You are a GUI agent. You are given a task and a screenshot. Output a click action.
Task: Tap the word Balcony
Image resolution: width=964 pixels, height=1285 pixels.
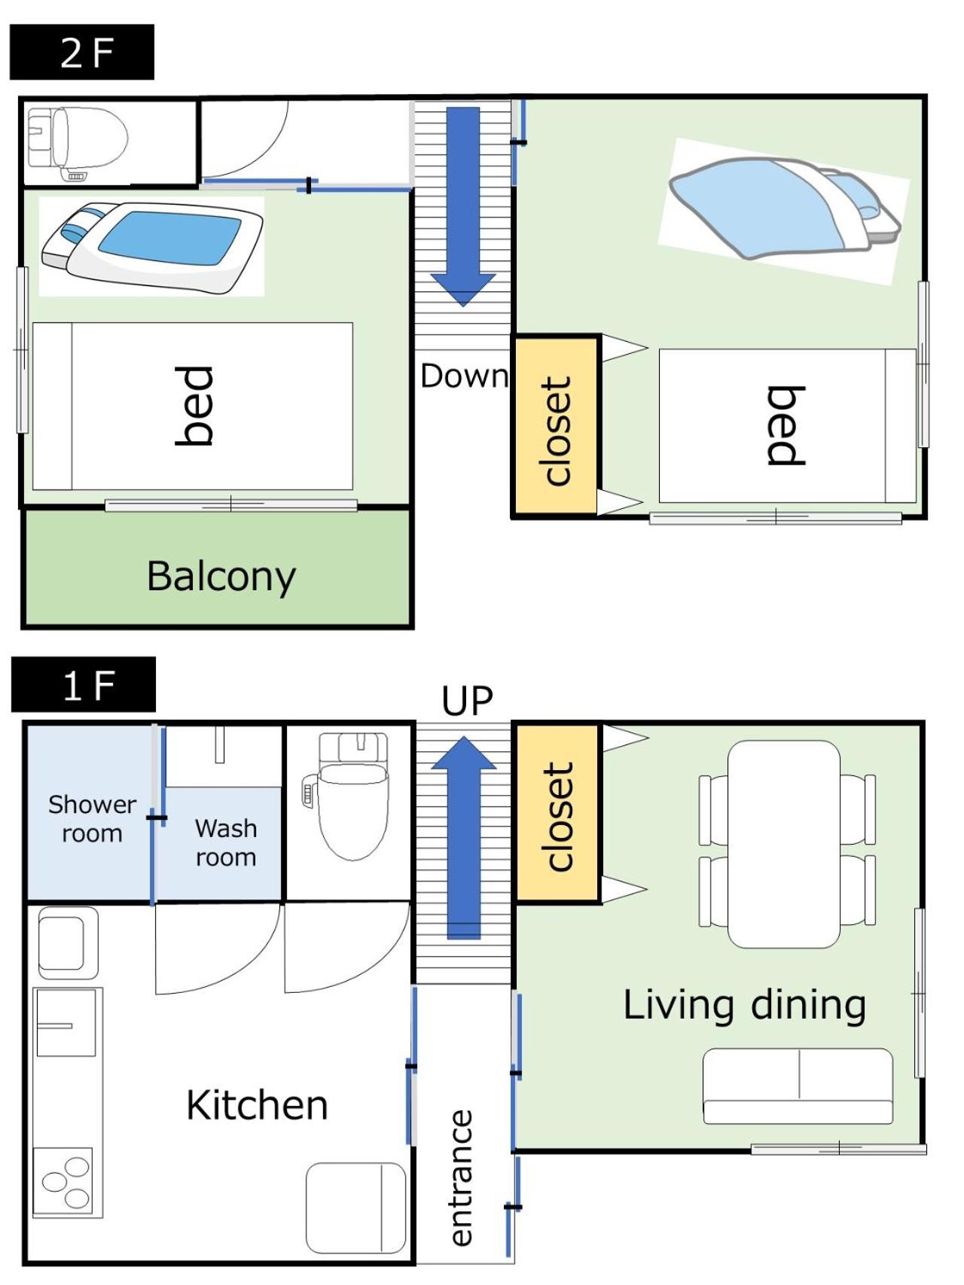[x=221, y=577]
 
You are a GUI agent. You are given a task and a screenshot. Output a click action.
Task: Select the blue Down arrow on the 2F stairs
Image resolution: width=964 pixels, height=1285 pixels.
[x=463, y=206]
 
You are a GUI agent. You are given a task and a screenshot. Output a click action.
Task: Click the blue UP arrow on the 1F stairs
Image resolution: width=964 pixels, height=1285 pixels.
[x=464, y=837]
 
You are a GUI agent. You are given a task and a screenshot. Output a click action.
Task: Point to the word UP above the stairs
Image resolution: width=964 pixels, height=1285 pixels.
[x=467, y=700]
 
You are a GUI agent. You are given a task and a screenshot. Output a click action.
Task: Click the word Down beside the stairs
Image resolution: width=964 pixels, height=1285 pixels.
[x=464, y=376]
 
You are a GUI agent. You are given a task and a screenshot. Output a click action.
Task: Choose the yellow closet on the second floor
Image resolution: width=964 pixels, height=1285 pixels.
[x=557, y=427]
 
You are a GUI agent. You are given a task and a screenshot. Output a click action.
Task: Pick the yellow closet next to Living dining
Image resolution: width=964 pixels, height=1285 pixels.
[x=557, y=813]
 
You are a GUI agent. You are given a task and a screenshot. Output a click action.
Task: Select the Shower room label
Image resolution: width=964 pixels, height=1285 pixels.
[x=92, y=818]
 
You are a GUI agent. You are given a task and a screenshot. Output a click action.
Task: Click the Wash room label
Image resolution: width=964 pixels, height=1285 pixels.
[x=226, y=842]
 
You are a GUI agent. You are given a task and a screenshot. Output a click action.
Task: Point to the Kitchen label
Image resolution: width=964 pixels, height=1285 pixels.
[x=257, y=1105]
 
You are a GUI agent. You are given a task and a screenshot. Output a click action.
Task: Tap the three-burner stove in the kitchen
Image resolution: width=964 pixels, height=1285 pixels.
[x=64, y=1181]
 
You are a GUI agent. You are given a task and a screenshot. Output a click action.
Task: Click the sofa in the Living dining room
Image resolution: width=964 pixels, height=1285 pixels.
[x=798, y=1086]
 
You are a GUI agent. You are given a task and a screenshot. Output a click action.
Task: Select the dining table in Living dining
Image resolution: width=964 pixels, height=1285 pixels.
[x=784, y=844]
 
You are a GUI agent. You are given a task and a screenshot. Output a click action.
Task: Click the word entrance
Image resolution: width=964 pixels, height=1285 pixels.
[x=460, y=1177]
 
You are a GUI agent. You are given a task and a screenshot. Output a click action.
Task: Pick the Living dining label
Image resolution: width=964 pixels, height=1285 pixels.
[x=745, y=1005]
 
